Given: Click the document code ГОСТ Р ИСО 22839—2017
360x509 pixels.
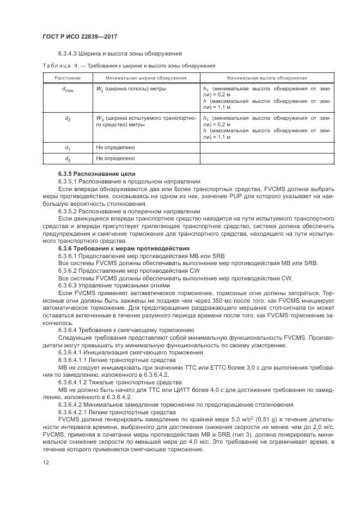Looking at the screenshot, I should click(80, 36).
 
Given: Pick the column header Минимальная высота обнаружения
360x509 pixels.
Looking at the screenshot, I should click(267, 78).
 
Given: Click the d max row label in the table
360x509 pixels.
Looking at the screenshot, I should click(68, 89).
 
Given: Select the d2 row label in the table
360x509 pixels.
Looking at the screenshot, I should click(68, 118).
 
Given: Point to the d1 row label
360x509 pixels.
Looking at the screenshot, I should click(68, 148).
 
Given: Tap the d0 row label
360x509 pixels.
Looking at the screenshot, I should click(68, 158).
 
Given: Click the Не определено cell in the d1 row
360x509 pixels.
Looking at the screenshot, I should click(115, 147).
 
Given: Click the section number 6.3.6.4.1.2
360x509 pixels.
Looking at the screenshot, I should click(74, 382).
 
